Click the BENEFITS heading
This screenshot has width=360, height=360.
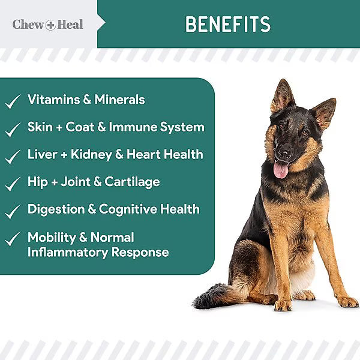tap(228, 25)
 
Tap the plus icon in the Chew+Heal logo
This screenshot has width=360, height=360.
tap(50, 25)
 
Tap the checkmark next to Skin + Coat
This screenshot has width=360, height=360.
tap(13, 129)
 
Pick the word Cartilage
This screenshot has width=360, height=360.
tap(133, 182)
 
